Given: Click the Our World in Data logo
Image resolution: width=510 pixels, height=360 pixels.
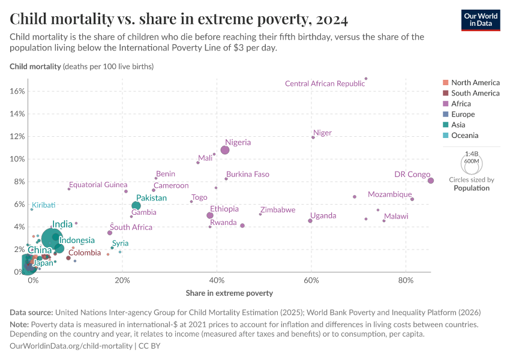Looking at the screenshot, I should coord(480,19).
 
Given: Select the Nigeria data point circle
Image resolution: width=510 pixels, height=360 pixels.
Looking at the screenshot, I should coord(225,150).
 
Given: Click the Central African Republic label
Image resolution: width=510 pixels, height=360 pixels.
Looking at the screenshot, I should coord(325,84).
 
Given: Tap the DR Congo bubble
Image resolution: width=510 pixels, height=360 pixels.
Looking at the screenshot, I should coord(431,181).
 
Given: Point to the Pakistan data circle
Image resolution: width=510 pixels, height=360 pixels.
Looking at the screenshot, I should coord(136,206).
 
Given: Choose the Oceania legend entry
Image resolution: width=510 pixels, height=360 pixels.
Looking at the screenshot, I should coord(473,136).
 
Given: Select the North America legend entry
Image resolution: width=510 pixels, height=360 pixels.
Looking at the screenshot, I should coord(475,82).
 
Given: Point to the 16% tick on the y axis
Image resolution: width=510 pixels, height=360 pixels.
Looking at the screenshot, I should coord(18,91).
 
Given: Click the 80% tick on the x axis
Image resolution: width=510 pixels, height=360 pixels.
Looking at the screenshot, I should coord(406,281).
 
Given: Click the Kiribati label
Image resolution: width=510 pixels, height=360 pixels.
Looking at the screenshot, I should coord(44,205).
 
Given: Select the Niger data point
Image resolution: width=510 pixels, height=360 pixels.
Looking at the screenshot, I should coord(313,137).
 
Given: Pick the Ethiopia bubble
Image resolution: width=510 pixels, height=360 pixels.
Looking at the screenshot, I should coord(210,215).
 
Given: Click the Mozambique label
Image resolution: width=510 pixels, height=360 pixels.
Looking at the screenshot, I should coord(389,194).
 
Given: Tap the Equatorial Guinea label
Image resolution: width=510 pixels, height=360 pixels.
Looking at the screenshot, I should coord(98,185).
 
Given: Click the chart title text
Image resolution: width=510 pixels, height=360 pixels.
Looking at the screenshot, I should coord(179,19).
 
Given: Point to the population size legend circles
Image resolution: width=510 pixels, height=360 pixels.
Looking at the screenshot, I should coord(471,162).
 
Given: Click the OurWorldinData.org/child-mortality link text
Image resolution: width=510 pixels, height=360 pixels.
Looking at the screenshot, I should coord(71,346).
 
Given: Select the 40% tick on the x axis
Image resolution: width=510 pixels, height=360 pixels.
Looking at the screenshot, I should coord(217,281).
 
